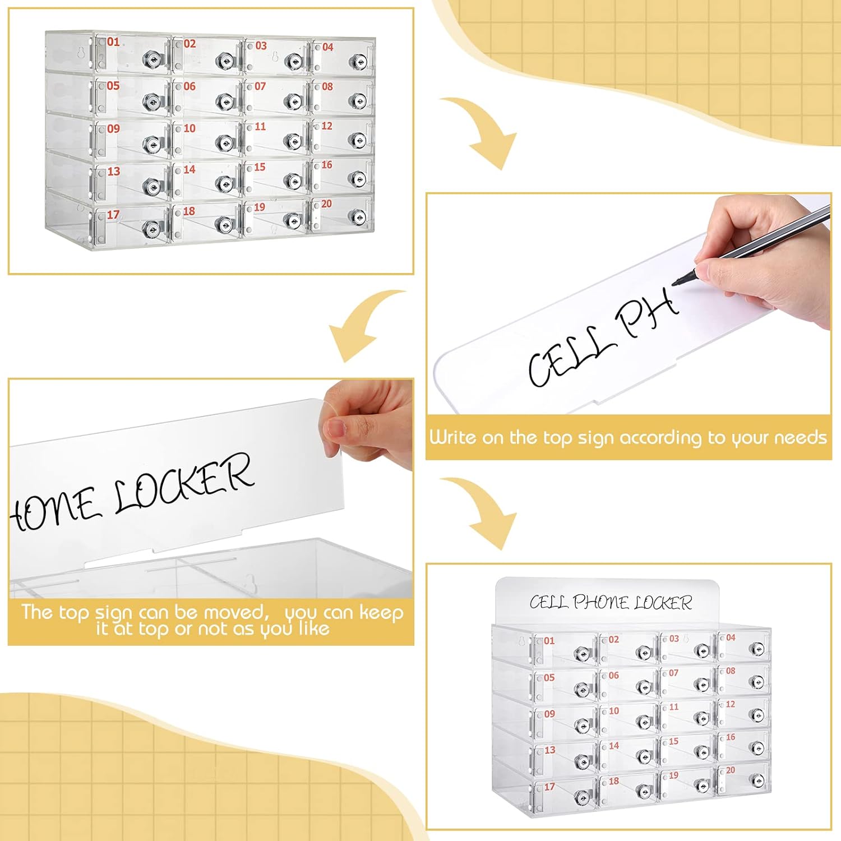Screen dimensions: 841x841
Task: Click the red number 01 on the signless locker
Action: click(113, 41)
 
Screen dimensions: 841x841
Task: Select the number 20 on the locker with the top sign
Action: click(730, 770)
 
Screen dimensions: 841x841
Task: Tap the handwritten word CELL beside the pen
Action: click(570, 357)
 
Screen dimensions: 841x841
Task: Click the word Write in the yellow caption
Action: click(452, 437)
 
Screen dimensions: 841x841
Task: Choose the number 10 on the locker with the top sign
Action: click(614, 711)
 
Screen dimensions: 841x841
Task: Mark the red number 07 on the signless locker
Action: click(260, 86)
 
